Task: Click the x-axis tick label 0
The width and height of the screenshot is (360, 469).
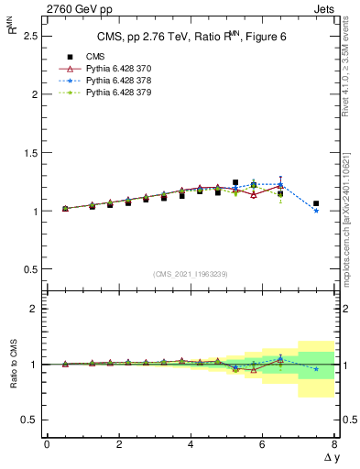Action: [47, 444]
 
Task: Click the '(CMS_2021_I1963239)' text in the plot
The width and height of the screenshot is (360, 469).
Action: [190, 274]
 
